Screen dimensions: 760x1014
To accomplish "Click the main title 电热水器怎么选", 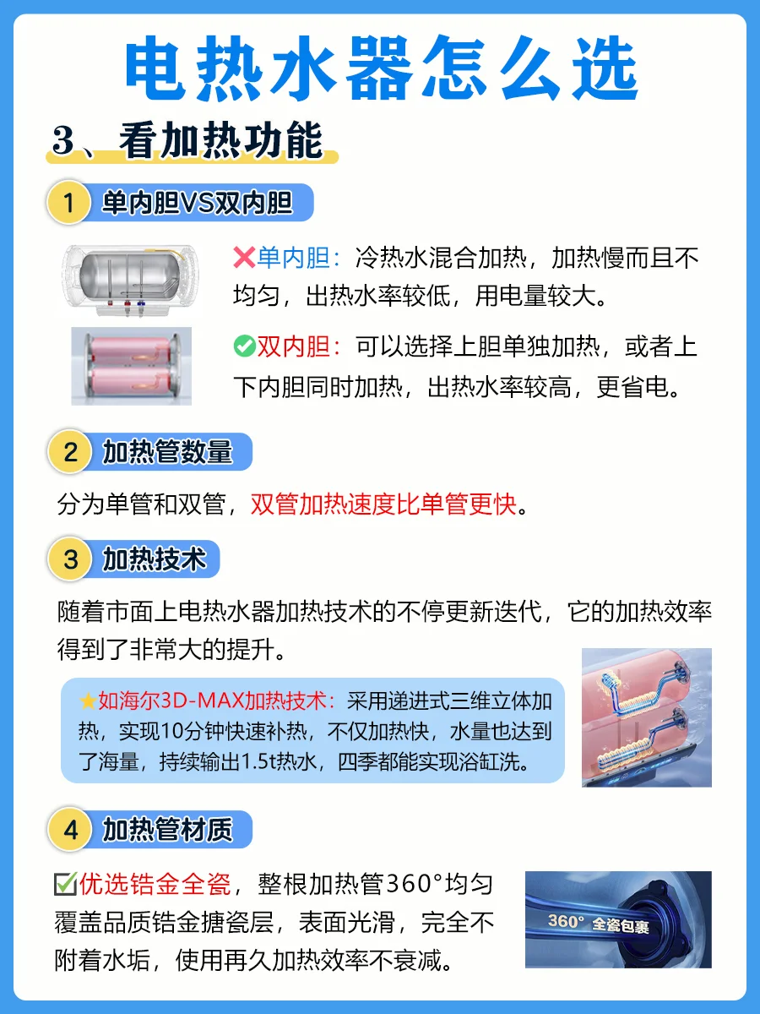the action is tap(381, 68).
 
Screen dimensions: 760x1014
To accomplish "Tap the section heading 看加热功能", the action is tap(220, 140).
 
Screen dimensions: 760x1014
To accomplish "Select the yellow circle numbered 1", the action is tap(68, 202).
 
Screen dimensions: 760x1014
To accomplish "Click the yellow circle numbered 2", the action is tap(70, 451).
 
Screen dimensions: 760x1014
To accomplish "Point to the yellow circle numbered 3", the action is tap(70, 559).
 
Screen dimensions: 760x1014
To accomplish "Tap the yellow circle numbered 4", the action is tap(70, 830).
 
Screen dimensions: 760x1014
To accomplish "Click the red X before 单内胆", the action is tap(244, 258).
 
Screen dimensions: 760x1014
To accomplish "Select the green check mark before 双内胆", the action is tap(245, 346).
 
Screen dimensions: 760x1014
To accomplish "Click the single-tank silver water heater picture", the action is tap(131, 281).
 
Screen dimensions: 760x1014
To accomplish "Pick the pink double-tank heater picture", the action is tap(132, 366).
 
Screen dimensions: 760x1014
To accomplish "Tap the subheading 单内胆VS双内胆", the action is tap(198, 203).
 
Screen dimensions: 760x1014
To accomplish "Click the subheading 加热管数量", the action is tap(167, 452).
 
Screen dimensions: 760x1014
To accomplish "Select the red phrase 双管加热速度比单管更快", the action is tap(383, 504).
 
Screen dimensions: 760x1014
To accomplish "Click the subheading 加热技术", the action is tap(155, 559).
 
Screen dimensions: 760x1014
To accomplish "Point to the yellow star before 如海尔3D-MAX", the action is tap(88, 701).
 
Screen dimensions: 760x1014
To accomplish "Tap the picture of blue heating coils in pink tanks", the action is tap(647, 717).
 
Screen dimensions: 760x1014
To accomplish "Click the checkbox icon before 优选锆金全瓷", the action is tap(66, 884).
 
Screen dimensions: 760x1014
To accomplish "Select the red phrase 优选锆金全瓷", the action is tap(155, 885).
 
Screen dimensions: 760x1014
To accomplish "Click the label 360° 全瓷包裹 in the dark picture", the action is tap(599, 924).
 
